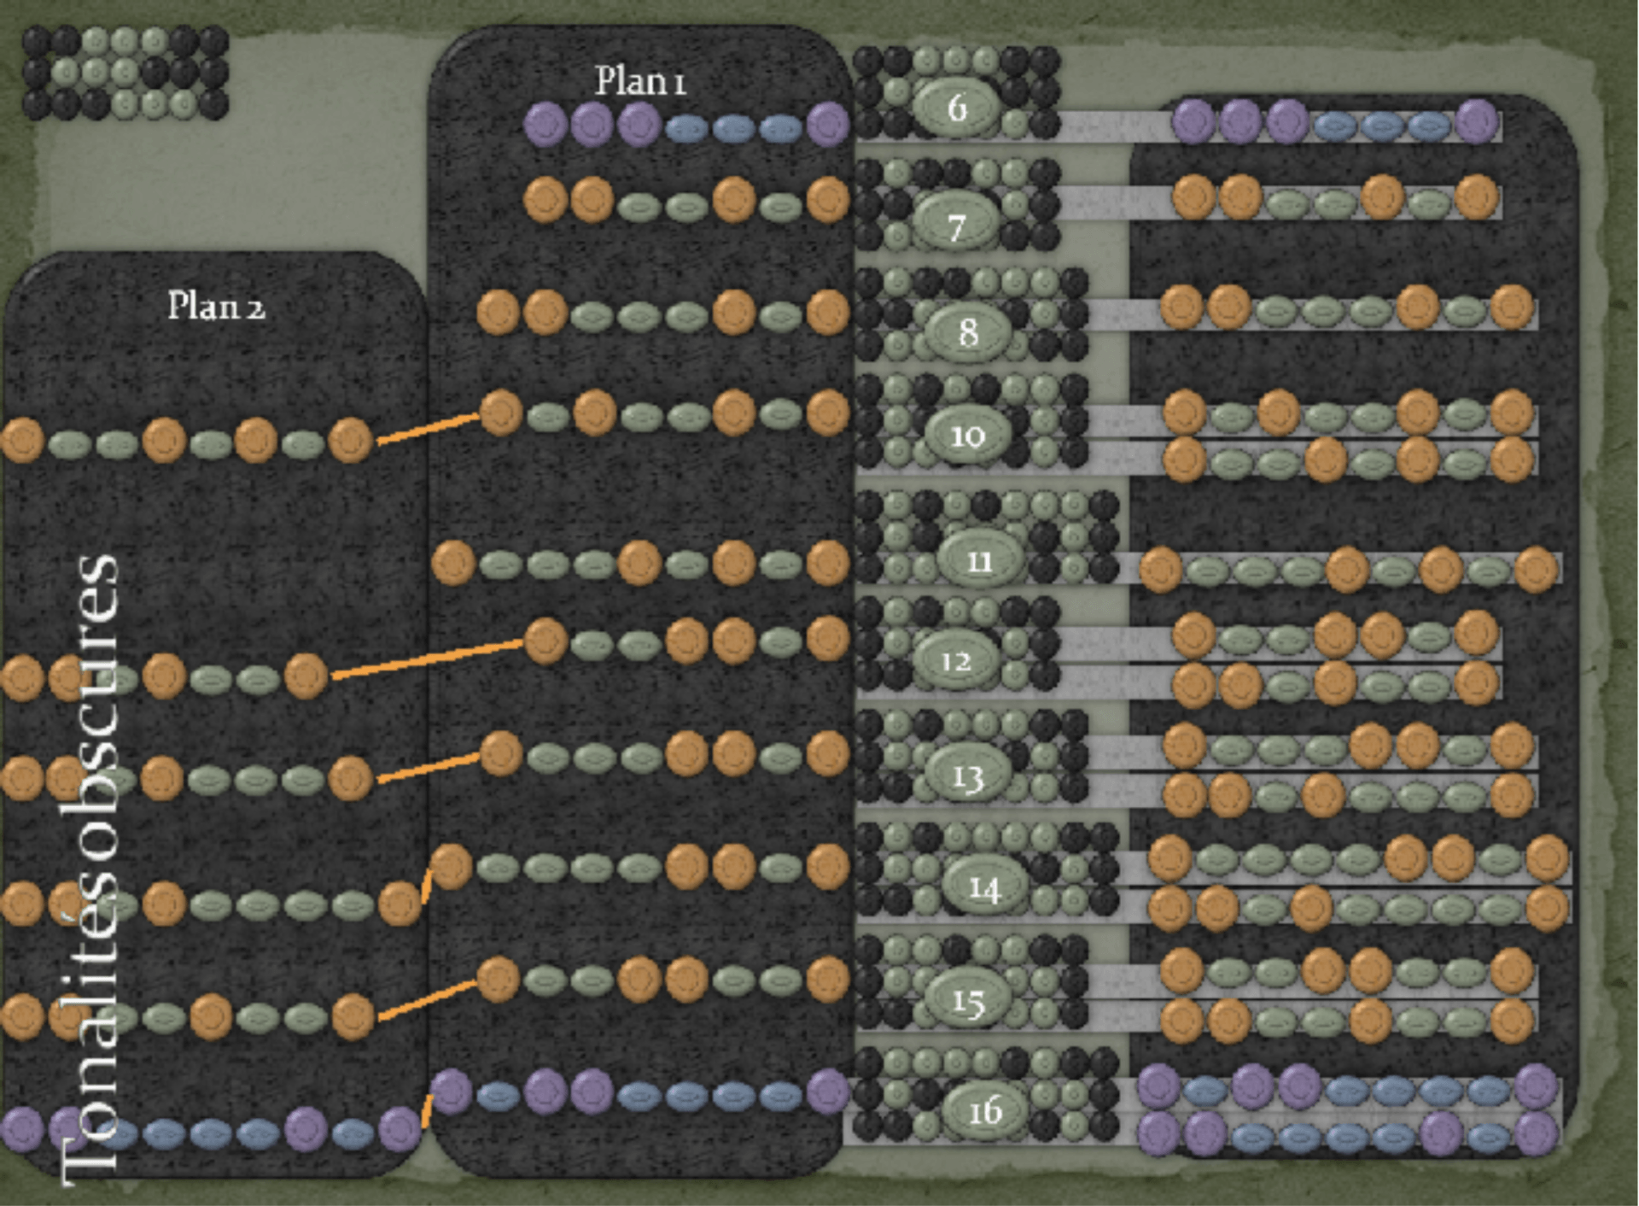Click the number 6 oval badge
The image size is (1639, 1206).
click(x=957, y=108)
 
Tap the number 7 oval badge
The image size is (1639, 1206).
click(x=957, y=226)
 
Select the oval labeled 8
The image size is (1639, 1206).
click(x=967, y=331)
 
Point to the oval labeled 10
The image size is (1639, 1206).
click(x=967, y=436)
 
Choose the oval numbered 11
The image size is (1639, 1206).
click(x=979, y=560)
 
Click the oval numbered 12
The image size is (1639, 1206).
click(x=956, y=660)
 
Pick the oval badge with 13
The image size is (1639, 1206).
click(x=967, y=776)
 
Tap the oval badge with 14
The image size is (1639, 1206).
click(x=984, y=888)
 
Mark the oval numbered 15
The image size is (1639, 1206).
click(x=967, y=1001)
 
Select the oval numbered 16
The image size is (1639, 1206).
click(x=984, y=1111)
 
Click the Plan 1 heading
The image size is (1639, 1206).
click(x=640, y=81)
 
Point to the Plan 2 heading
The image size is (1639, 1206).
click(x=216, y=306)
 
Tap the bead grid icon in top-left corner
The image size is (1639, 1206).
click(x=125, y=73)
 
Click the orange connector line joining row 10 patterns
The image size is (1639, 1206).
click(x=427, y=428)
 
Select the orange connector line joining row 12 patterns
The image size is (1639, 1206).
click(x=427, y=659)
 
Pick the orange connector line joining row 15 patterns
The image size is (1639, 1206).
click(x=427, y=999)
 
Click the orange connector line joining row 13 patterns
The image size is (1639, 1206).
click(x=427, y=767)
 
